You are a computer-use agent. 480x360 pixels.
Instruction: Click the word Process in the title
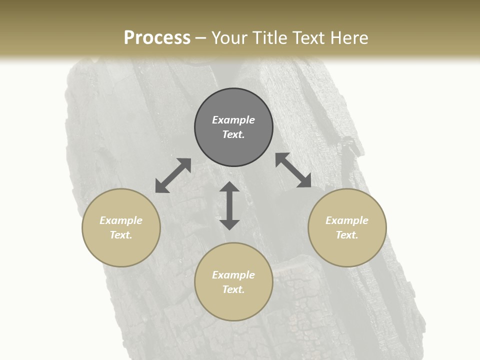(157, 38)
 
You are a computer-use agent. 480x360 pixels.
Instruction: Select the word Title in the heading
(270, 38)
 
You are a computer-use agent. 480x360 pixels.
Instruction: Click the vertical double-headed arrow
(229, 205)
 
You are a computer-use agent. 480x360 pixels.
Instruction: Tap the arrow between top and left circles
(173, 175)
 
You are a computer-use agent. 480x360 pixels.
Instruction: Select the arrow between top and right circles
(293, 170)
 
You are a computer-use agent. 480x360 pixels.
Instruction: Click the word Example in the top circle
(233, 120)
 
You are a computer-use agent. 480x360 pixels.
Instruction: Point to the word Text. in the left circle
(121, 235)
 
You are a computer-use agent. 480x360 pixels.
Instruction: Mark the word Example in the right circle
(347, 220)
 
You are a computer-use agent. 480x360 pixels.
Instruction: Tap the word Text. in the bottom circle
(233, 289)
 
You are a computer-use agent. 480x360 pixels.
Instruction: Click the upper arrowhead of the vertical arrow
(229, 187)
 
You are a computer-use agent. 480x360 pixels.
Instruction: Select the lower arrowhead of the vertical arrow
(229, 224)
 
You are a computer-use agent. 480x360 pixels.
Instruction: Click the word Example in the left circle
(121, 220)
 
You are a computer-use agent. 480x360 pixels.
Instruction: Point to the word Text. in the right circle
(347, 235)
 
